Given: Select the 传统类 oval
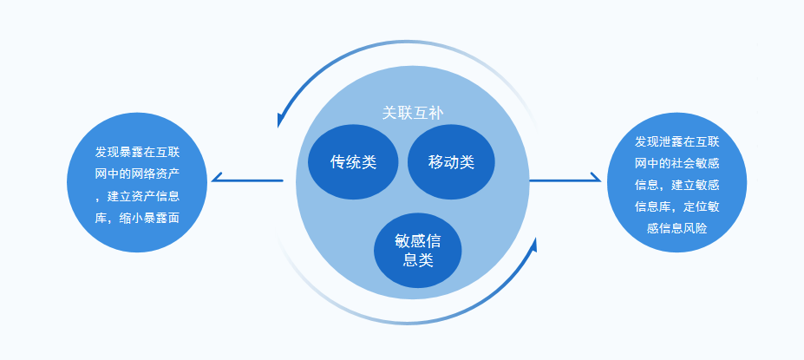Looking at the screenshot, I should pos(353,162).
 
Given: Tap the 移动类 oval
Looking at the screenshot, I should pos(451,162).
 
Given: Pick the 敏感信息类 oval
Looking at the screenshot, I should pos(418,250).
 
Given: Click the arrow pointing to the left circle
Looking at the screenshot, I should pos(247,180).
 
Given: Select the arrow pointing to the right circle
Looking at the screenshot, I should pos(565,180).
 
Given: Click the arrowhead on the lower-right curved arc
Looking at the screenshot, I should pos(533,245).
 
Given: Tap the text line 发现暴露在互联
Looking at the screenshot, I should pos(138,151).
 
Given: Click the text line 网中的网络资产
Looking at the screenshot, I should pos(138,173).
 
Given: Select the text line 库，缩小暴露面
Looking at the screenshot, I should pos(138,218).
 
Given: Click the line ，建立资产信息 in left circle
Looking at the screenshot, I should pos(138,195).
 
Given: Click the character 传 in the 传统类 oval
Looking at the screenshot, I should pos(338,162).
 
